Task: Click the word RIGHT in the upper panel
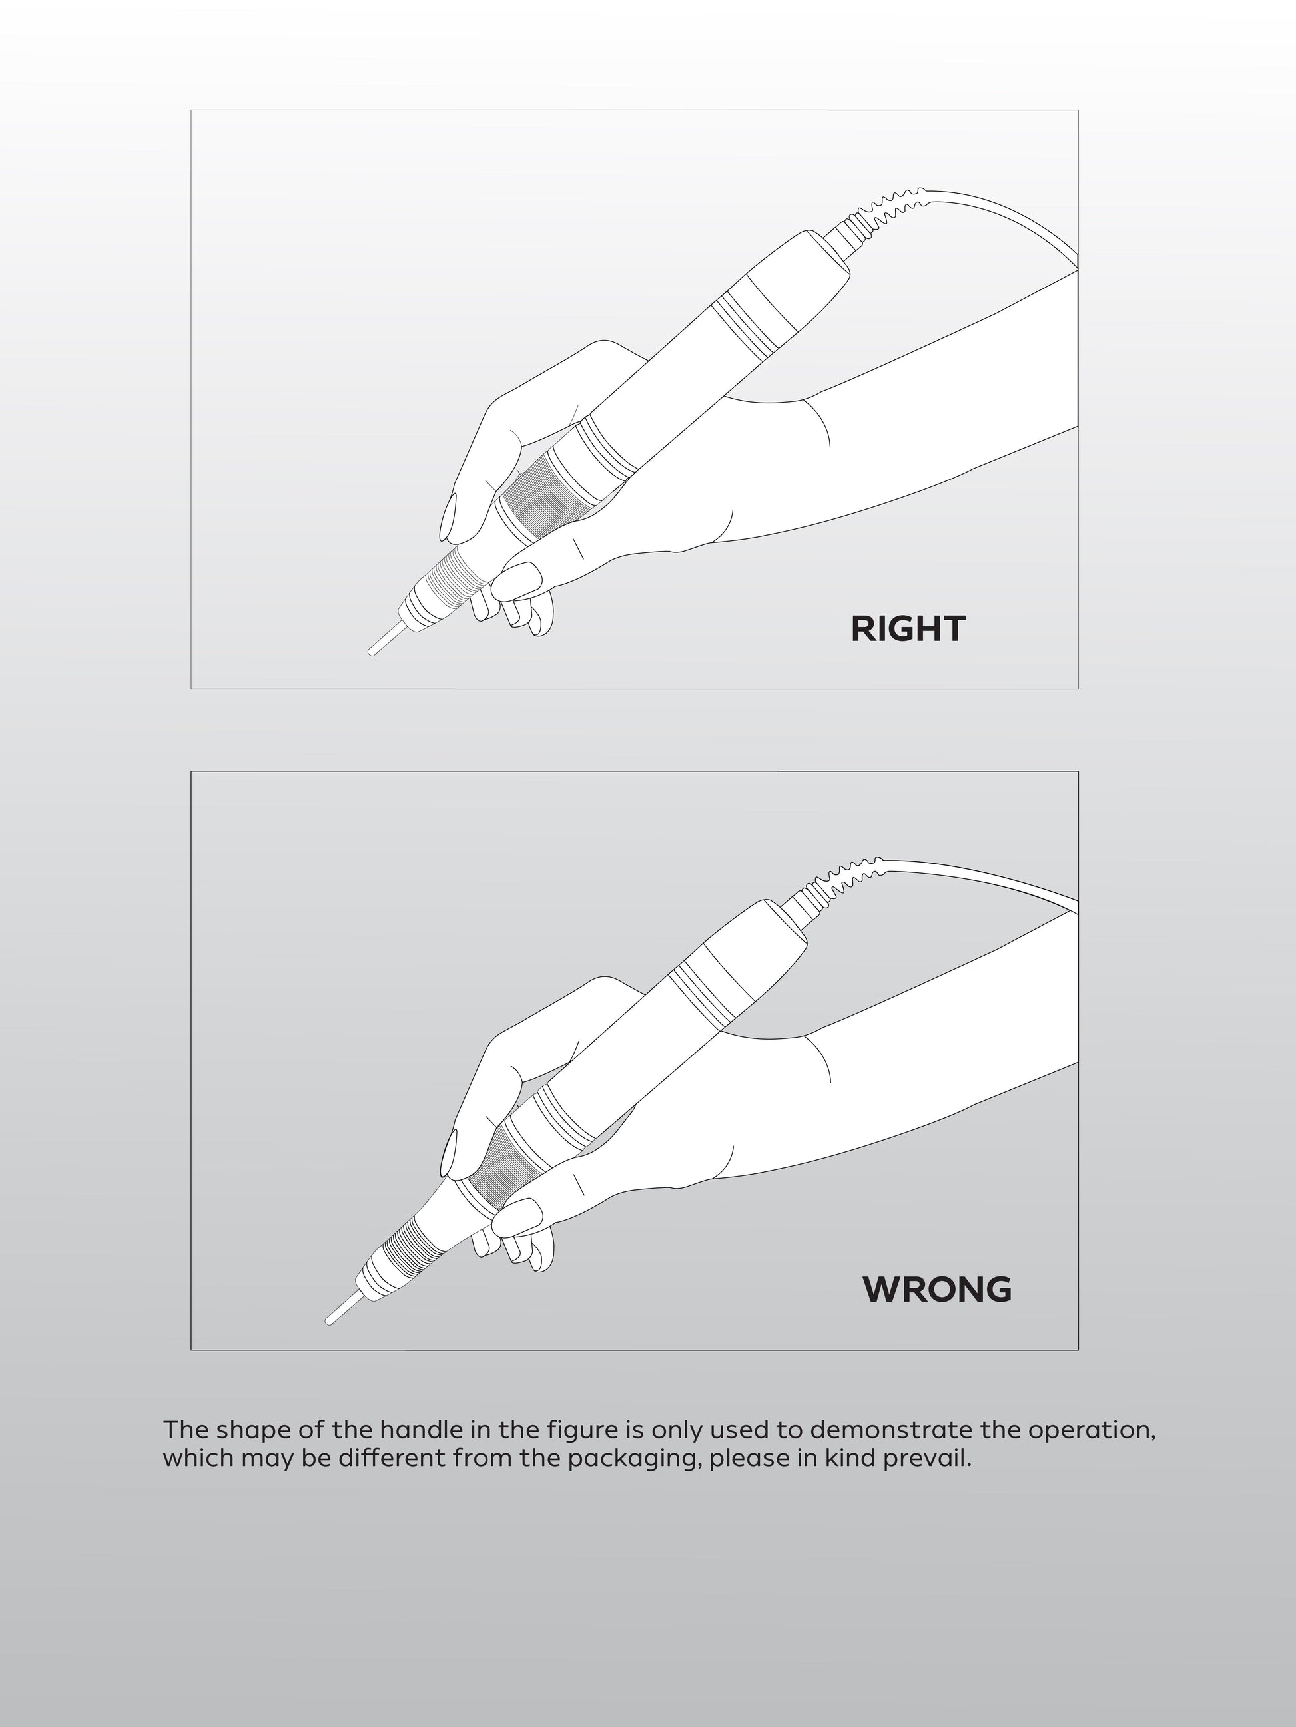[x=908, y=628]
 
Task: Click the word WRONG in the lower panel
[x=936, y=1289]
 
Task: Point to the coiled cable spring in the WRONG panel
[x=848, y=879]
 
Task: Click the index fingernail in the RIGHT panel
[x=448, y=517]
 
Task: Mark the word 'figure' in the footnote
[x=582, y=1430]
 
